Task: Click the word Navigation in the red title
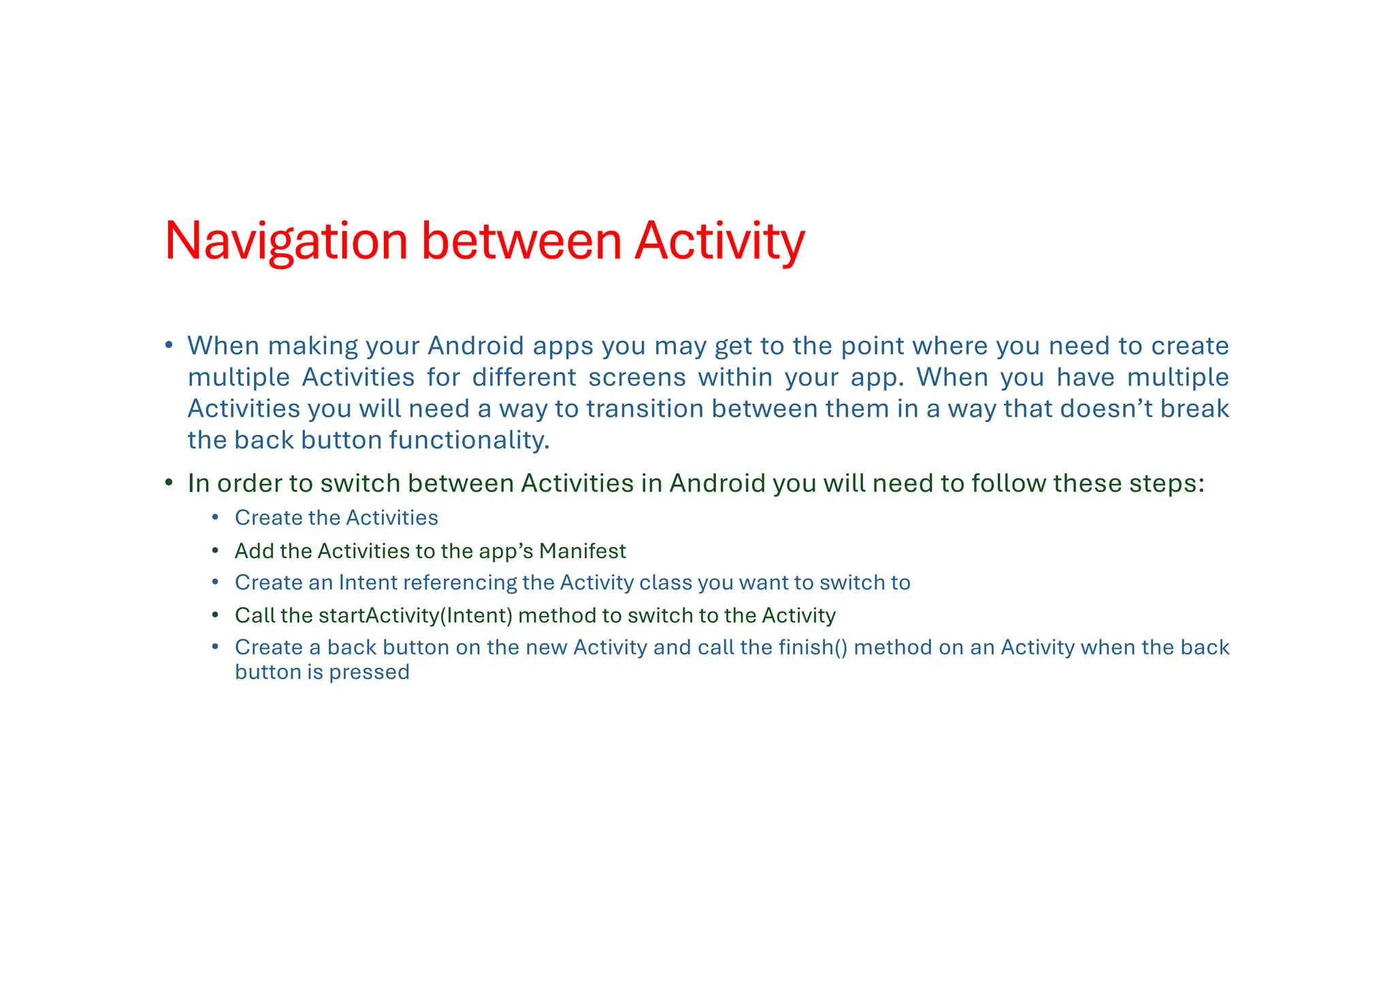[x=286, y=241]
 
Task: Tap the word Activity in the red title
[x=719, y=241]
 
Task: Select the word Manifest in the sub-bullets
[x=582, y=551]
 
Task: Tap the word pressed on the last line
[x=369, y=673]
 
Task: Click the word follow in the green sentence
[x=1008, y=483]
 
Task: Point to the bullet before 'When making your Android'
[x=168, y=345]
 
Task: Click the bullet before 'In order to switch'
[x=168, y=483]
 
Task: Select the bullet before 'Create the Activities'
[x=215, y=518]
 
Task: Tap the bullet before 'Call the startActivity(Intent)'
[x=215, y=615]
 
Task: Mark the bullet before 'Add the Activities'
[x=215, y=551]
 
